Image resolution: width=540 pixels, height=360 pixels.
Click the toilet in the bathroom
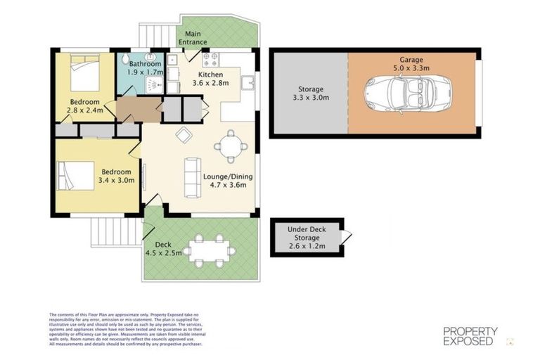point(126,59)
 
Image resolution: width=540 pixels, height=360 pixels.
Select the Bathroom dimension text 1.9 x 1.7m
point(145,72)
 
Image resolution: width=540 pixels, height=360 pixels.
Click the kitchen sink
point(247,84)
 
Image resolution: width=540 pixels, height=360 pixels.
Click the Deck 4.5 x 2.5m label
point(163,249)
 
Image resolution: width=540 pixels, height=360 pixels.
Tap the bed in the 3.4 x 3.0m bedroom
point(74,172)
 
